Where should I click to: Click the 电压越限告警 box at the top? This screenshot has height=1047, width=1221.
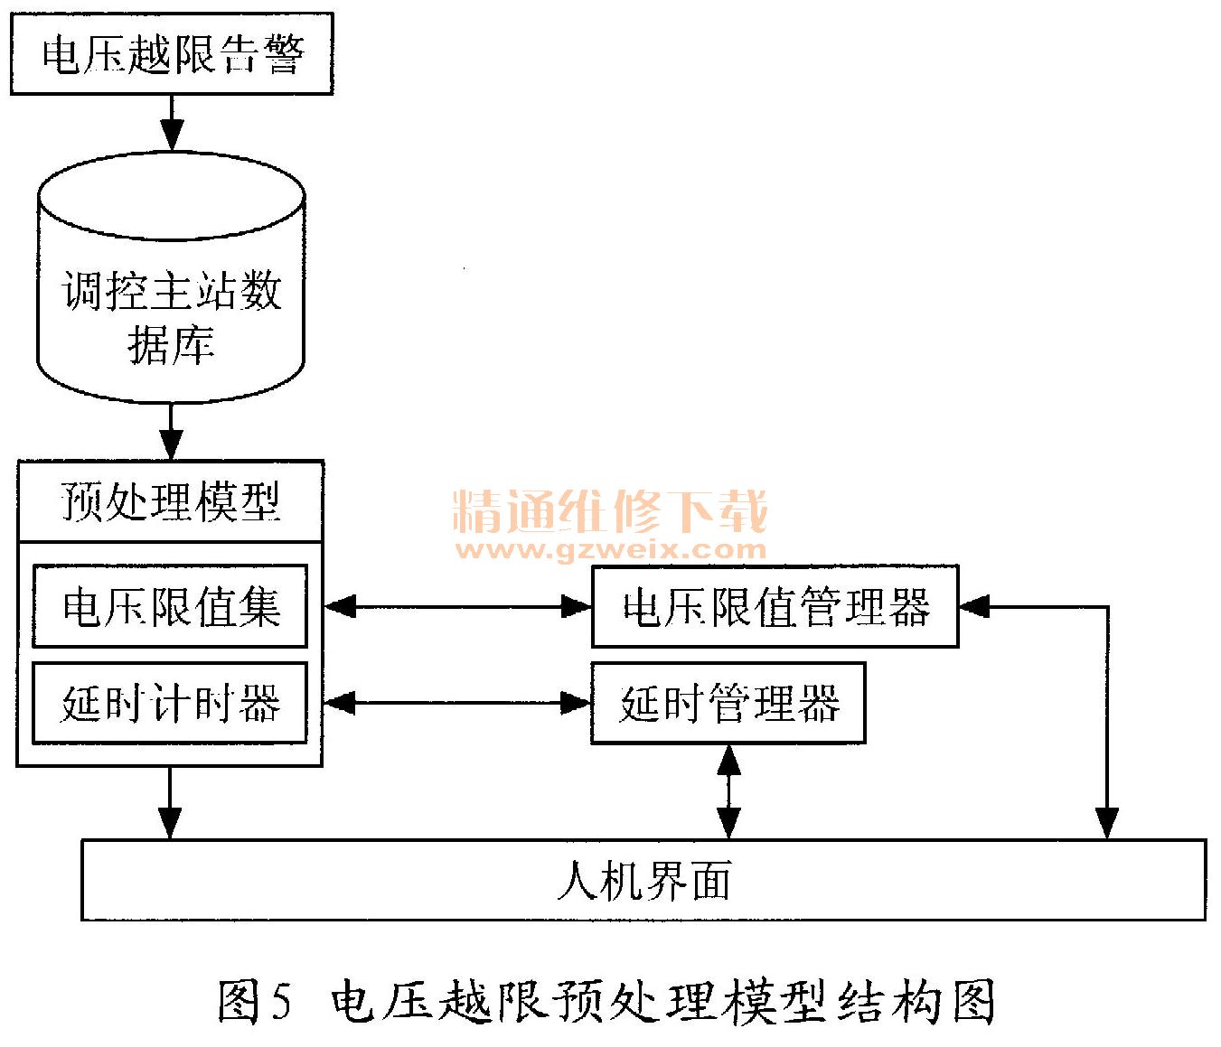tap(171, 54)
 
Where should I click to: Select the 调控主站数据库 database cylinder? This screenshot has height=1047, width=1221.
tap(171, 280)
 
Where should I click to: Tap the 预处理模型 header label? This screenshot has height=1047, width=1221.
tap(170, 501)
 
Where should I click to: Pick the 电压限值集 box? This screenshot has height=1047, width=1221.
tap(170, 606)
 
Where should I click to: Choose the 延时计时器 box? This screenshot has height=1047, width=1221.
tap(170, 704)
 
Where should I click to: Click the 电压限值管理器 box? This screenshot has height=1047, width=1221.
tap(775, 606)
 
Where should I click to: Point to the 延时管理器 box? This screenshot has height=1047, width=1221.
tap(728, 704)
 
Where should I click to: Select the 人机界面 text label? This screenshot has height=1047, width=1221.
tap(643, 881)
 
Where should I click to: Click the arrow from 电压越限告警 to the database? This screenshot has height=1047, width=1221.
tap(171, 122)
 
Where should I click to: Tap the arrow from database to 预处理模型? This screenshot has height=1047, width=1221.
tap(171, 432)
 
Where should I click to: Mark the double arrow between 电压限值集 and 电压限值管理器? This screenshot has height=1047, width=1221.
tap(457, 606)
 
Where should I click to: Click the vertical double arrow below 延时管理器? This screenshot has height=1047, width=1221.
tap(728, 791)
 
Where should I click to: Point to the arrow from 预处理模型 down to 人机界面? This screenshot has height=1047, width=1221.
tap(170, 803)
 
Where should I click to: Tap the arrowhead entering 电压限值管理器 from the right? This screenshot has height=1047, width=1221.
tap(974, 607)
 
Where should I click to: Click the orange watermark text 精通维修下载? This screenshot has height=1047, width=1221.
tap(610, 512)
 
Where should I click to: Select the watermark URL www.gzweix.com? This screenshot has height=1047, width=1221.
tap(610, 548)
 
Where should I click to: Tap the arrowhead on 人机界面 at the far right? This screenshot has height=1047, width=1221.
tap(1107, 824)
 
